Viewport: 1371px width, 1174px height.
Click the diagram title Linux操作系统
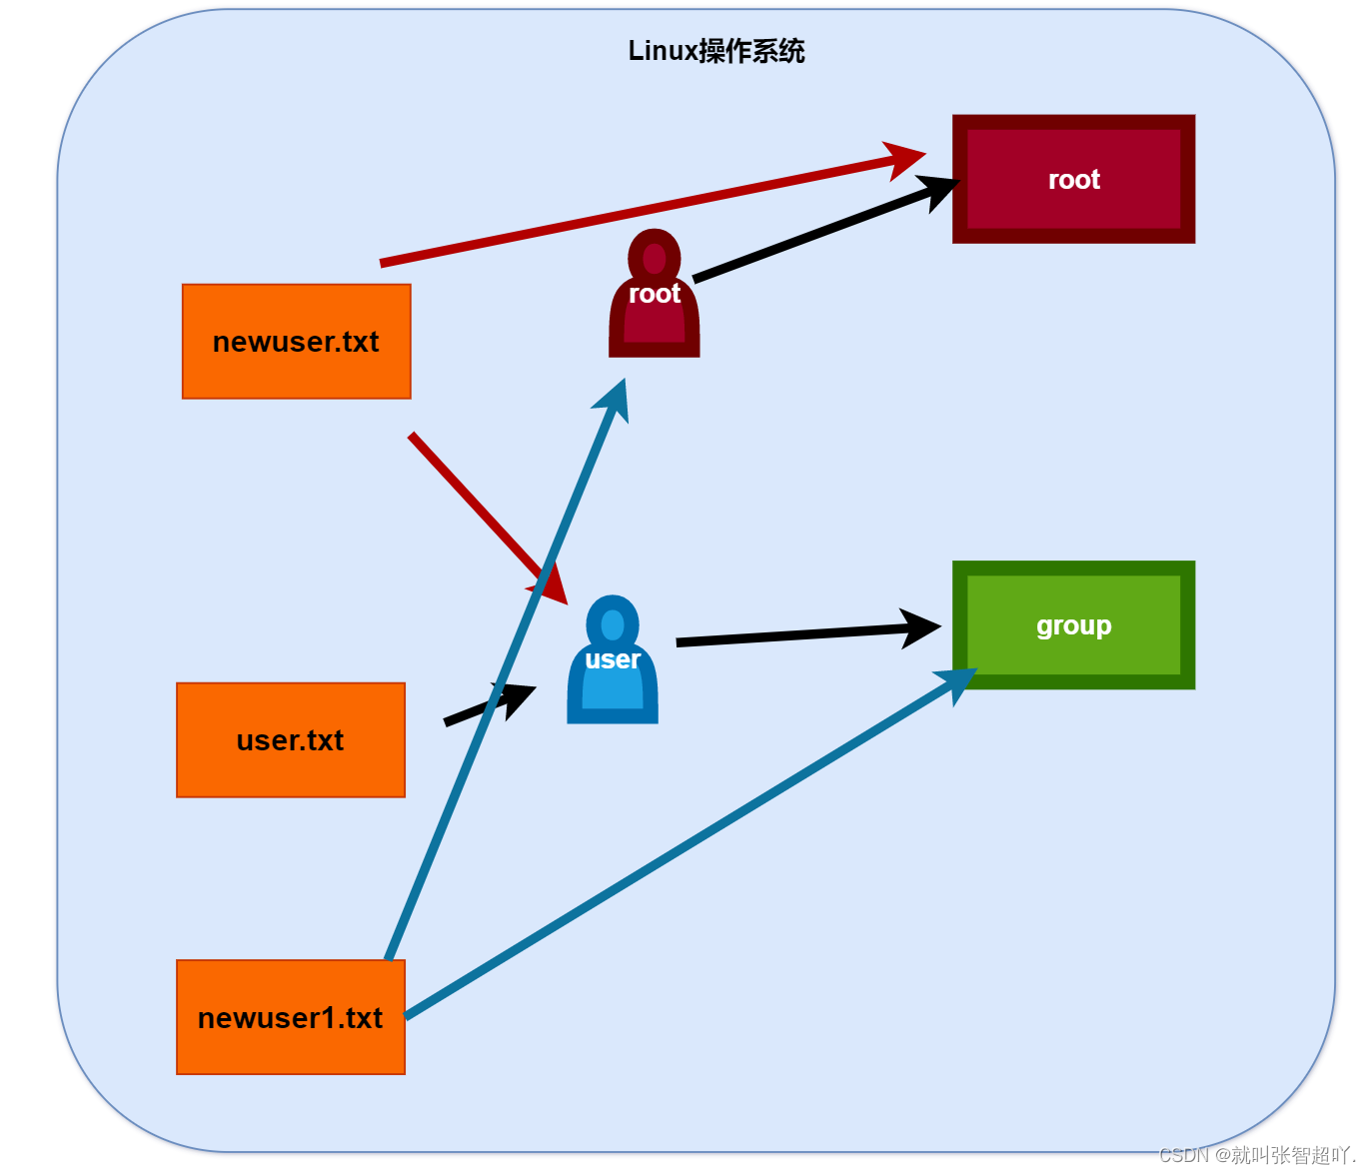(715, 51)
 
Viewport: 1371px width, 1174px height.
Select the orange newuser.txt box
(296, 342)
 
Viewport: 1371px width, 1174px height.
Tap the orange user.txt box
(290, 740)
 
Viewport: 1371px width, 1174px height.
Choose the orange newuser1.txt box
(290, 1017)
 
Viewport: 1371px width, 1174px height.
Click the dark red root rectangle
(1073, 179)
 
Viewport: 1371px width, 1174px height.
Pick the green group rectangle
(1073, 625)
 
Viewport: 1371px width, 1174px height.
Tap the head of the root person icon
(655, 257)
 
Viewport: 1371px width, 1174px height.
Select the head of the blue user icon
(613, 623)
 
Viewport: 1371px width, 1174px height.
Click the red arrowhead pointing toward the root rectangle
(905, 159)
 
